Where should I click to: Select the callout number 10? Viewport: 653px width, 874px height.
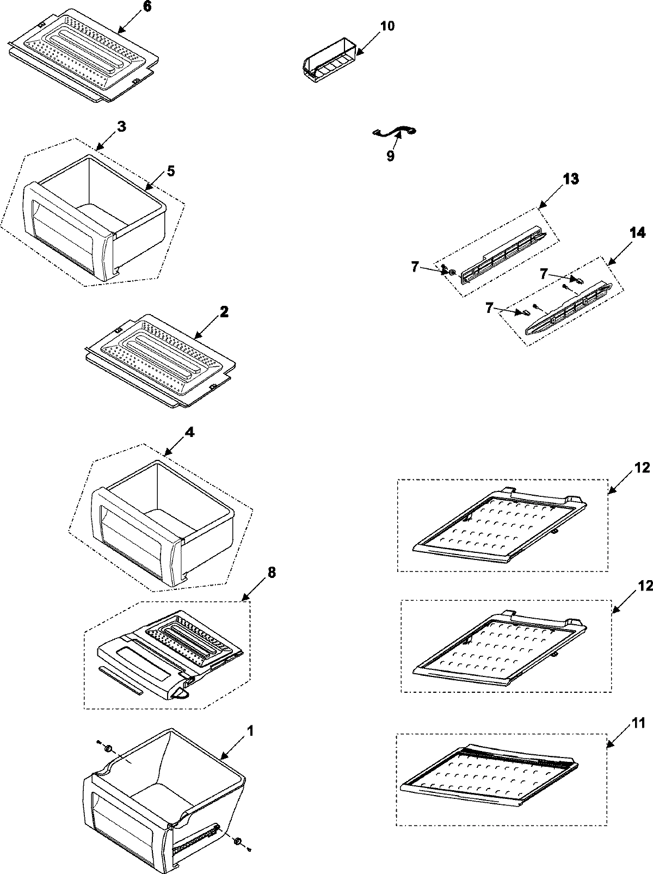pos(388,26)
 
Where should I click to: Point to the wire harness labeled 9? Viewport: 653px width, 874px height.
pos(396,131)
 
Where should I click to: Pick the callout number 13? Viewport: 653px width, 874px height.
pos(571,179)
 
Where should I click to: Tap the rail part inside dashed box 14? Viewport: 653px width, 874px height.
pos(571,308)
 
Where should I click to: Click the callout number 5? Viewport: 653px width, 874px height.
pos(170,170)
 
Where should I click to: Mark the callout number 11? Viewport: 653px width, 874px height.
pos(639,723)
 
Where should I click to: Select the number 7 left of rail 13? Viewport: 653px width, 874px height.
pos(415,267)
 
